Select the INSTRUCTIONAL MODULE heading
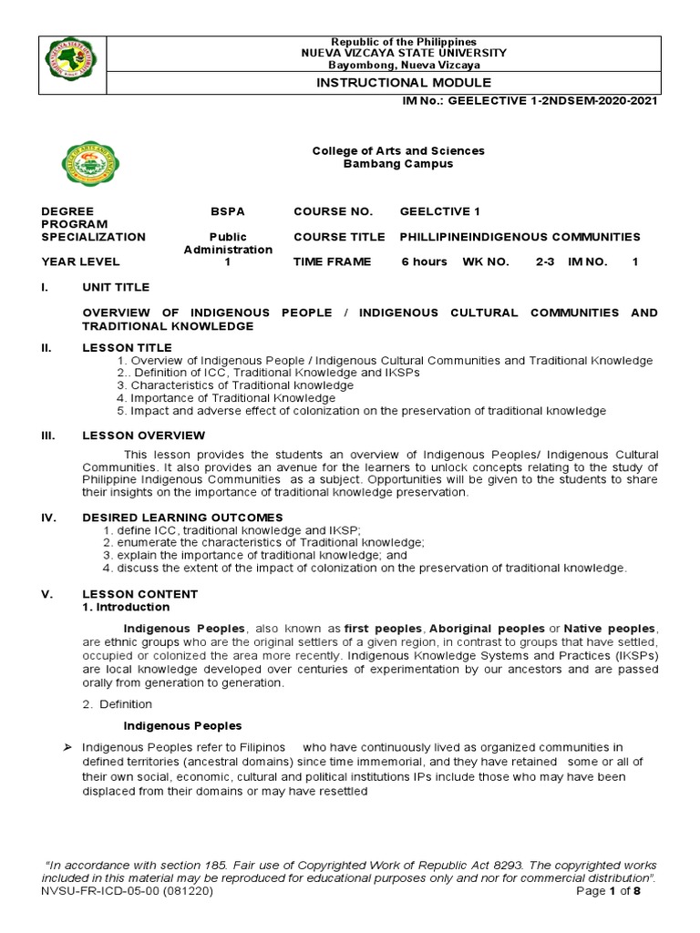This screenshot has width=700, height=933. pos(403,83)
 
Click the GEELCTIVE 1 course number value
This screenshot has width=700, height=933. pos(439,211)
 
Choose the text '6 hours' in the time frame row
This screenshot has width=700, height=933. pos(424,261)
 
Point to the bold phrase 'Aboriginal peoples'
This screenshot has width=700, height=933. pos(487,629)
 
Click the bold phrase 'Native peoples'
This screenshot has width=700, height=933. pos(609,629)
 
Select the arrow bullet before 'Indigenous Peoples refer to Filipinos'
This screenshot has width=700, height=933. pos(67,748)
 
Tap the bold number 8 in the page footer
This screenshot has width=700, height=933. pos(638,891)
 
